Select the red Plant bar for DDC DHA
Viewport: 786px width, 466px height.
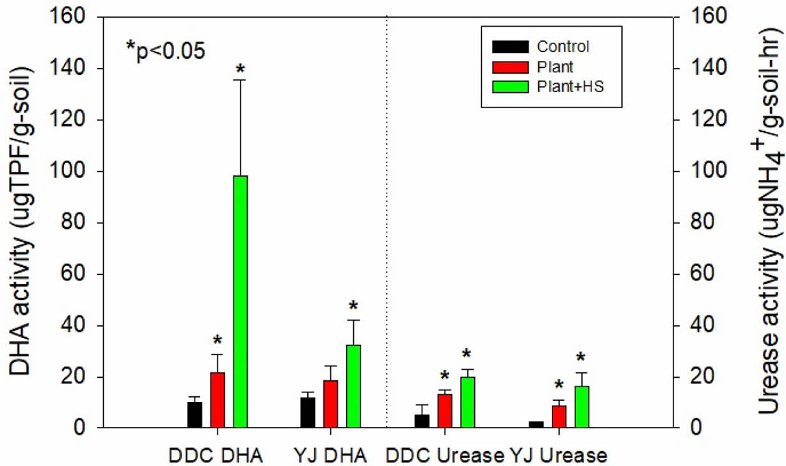(x=218, y=400)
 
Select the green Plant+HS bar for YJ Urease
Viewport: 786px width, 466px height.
(x=582, y=407)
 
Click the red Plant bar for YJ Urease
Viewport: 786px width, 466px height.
(x=559, y=417)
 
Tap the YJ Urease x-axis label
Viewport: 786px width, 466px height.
(x=557, y=456)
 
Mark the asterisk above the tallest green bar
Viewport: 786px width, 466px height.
(x=241, y=68)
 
